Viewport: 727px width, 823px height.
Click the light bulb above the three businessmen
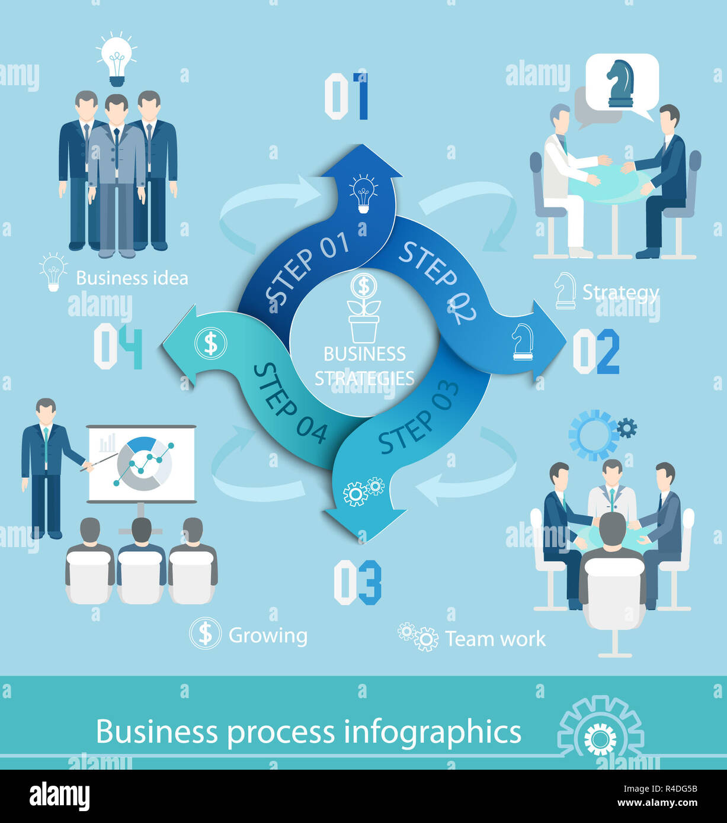117,60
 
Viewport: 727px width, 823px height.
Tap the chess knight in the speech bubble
620,83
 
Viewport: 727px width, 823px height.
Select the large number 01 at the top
347,96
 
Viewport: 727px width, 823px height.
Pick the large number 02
596,351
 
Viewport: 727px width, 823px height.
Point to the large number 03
357,582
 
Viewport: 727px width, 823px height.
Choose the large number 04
119,346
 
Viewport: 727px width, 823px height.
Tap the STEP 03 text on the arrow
418,417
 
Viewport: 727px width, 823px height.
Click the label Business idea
132,278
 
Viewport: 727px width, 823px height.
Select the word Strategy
620,292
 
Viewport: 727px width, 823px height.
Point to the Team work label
495,639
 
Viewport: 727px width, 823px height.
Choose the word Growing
268,635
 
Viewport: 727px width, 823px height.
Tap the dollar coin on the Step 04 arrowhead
210,343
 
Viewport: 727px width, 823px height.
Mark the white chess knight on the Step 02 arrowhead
522,342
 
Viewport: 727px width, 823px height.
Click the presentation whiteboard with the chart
142,464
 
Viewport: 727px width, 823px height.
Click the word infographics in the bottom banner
433,732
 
